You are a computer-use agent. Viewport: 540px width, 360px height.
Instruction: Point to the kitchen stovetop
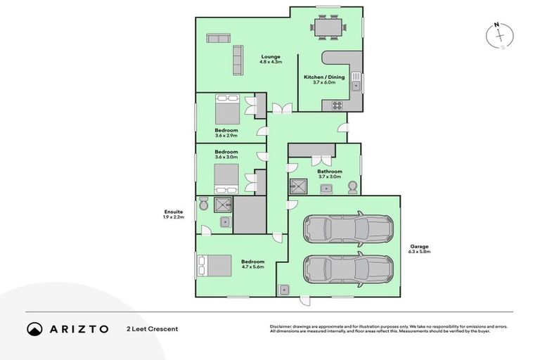[336, 106]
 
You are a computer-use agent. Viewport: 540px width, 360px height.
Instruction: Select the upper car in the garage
[347, 229]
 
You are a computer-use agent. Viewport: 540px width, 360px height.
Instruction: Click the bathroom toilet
[352, 187]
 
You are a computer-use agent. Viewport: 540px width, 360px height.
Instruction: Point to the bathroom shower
[298, 186]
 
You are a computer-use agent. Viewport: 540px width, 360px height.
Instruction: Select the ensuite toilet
[202, 203]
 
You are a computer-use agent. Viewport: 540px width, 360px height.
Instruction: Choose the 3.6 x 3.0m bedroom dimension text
[226, 157]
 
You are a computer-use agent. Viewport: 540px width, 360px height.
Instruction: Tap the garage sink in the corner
[284, 289]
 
